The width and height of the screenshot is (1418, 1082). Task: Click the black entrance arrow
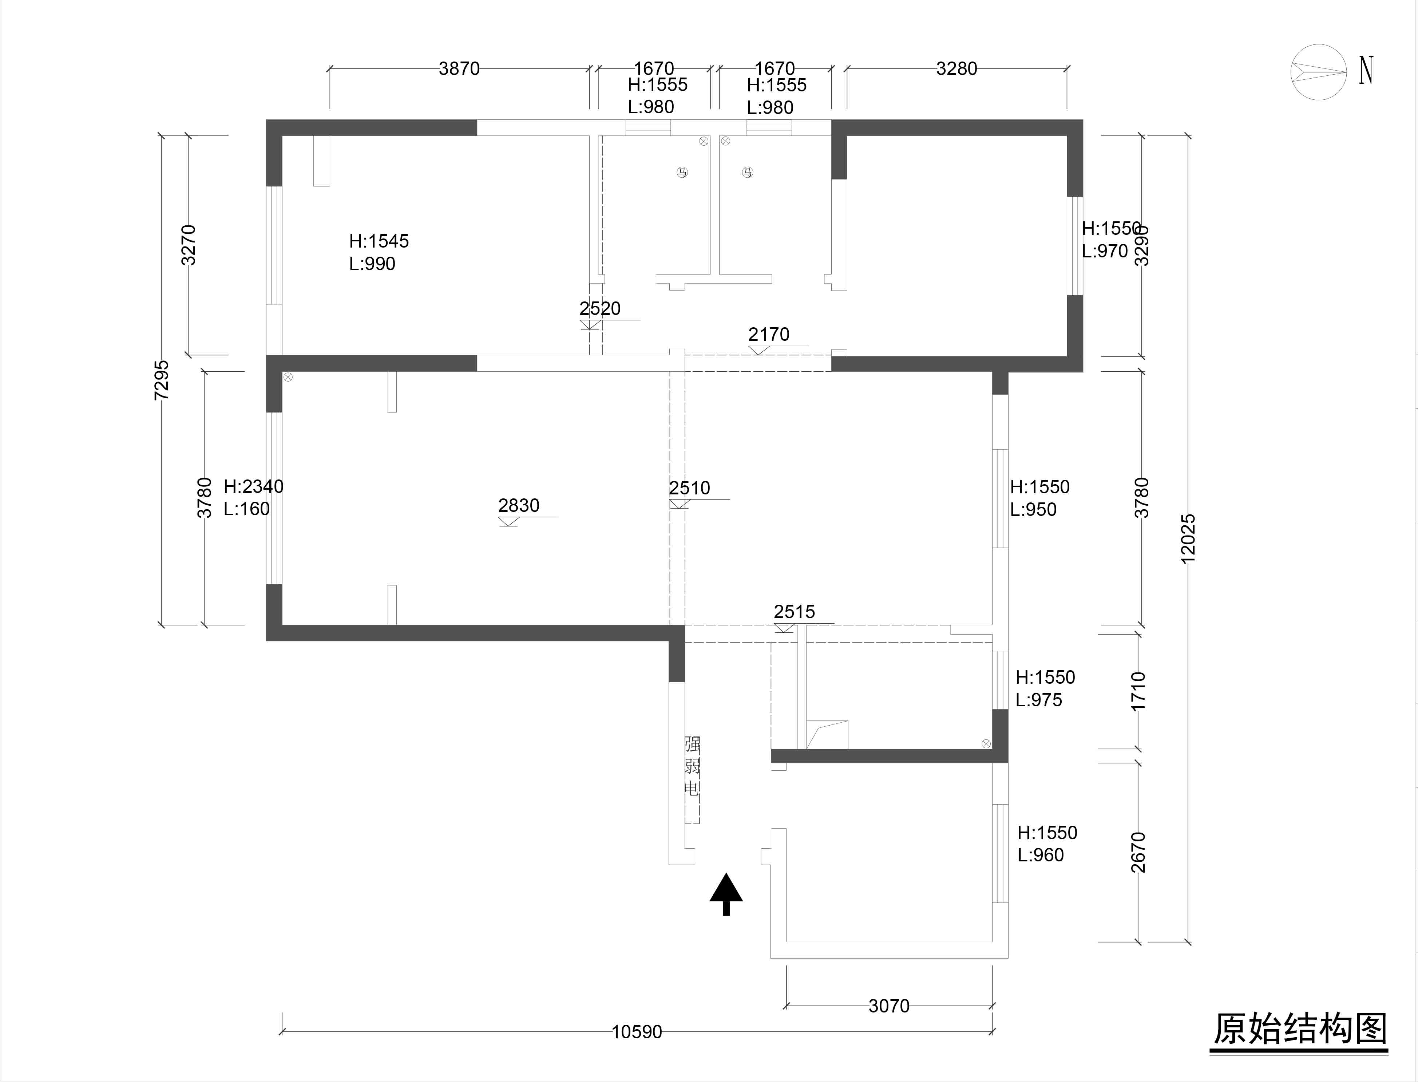pos(726,894)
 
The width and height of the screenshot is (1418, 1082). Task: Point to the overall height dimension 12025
pos(1188,538)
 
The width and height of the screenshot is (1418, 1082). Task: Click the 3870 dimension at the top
pos(459,68)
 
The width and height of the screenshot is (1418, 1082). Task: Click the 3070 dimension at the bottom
pos(889,1006)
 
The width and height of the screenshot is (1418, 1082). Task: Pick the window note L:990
pos(372,264)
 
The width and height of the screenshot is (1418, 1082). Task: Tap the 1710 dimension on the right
pos(1138,691)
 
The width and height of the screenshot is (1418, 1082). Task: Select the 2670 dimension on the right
pos(1138,852)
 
